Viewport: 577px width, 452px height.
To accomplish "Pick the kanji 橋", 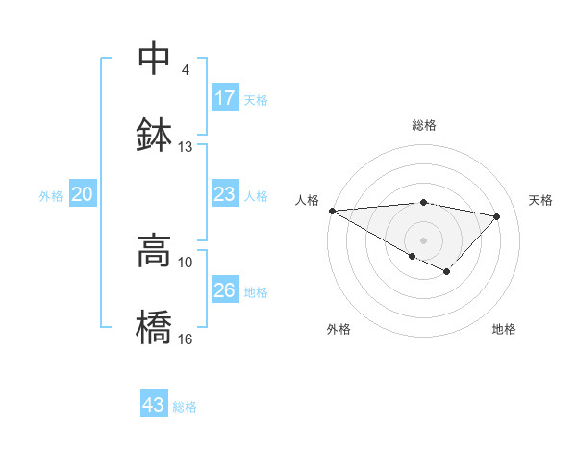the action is tap(154, 326).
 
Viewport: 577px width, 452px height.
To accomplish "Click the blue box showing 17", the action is tap(224, 98).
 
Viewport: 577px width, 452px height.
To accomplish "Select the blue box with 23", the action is tap(224, 194).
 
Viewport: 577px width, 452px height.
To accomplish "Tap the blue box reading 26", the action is tap(224, 290).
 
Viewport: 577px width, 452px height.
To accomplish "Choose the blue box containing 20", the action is tap(83, 194).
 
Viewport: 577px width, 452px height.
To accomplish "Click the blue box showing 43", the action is tap(154, 405).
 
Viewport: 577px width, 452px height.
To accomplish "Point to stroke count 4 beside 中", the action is tap(185, 70).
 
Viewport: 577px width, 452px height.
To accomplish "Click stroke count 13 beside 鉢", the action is tap(186, 147).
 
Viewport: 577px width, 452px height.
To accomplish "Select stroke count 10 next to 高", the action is tap(186, 262).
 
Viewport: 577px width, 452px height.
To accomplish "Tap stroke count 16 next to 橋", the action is tap(186, 339).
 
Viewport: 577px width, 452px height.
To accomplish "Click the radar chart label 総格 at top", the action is tap(423, 125).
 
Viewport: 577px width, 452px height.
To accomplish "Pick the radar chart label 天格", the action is tap(540, 200).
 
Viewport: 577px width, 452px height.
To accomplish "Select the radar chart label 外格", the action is tap(339, 329).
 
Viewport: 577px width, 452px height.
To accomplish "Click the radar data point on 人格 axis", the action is tap(332, 211).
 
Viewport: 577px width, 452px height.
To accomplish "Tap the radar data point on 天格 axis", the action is tap(497, 216).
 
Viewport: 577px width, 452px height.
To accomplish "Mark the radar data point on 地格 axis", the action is tap(446, 272).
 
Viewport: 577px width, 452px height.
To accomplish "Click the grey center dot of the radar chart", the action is tap(423, 239).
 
